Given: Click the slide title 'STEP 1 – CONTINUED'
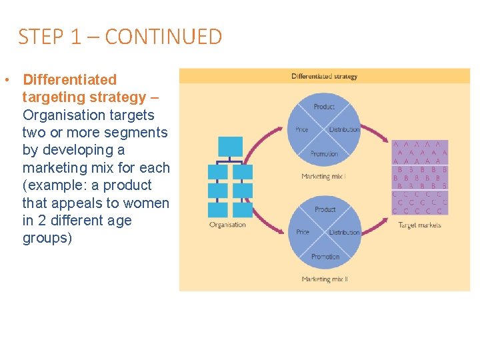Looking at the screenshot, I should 120,37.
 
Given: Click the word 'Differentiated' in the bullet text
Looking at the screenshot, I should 69,80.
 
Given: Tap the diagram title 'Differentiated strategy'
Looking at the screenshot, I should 324,76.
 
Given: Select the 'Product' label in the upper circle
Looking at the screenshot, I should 324,107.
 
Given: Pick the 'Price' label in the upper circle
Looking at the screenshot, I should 302,130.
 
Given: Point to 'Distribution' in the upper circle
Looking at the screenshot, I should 344,130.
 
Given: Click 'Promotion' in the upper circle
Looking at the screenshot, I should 324,154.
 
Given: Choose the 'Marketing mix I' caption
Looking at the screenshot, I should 324,177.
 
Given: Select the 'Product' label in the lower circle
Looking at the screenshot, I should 325,209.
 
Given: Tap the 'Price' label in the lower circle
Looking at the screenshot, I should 303,233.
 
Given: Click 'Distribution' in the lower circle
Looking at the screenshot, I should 345,233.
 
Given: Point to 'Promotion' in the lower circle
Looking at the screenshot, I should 325,257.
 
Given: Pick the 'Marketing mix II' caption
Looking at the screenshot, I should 325,279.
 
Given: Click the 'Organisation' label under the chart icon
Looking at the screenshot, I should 227,225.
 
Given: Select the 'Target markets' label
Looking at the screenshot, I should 419,225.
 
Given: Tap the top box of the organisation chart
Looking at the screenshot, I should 231,147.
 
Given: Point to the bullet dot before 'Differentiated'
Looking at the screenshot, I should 5,81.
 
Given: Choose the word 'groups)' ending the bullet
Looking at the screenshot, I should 47,238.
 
